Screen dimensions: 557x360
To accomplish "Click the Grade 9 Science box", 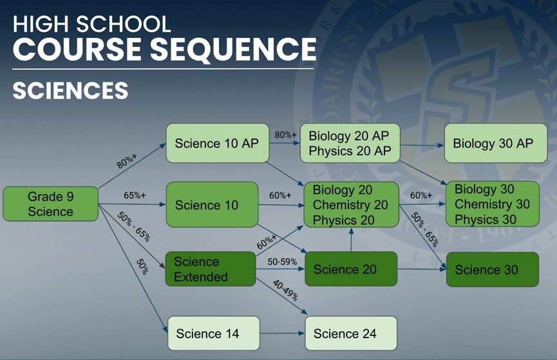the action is [x=50, y=204].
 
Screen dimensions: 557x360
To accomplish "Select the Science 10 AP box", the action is [x=218, y=143].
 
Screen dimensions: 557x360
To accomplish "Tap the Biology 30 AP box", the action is [x=496, y=143].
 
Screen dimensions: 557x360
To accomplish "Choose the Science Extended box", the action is [x=211, y=269].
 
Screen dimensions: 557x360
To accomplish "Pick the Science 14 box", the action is [x=214, y=334].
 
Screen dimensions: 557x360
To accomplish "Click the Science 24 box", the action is [x=351, y=334].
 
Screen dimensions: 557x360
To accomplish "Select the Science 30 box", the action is [x=493, y=269].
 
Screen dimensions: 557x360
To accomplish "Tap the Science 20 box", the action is [x=351, y=269].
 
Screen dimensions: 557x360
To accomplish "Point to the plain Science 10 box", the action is [x=212, y=205].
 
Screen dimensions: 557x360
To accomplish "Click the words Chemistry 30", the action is [x=492, y=204].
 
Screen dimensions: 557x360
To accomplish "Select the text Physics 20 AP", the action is [x=350, y=151].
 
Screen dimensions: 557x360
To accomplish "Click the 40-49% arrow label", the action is [x=285, y=290].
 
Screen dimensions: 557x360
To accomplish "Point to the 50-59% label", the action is [x=282, y=262].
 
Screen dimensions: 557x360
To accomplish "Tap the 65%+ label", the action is [x=135, y=196].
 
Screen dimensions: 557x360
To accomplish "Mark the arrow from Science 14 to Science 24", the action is [x=283, y=334].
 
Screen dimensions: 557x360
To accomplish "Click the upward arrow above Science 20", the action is [x=351, y=240].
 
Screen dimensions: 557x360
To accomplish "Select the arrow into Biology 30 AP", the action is [x=422, y=145].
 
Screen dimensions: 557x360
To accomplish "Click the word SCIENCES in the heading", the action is [x=70, y=90].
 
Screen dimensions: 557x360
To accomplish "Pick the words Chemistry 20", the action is [x=350, y=205].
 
